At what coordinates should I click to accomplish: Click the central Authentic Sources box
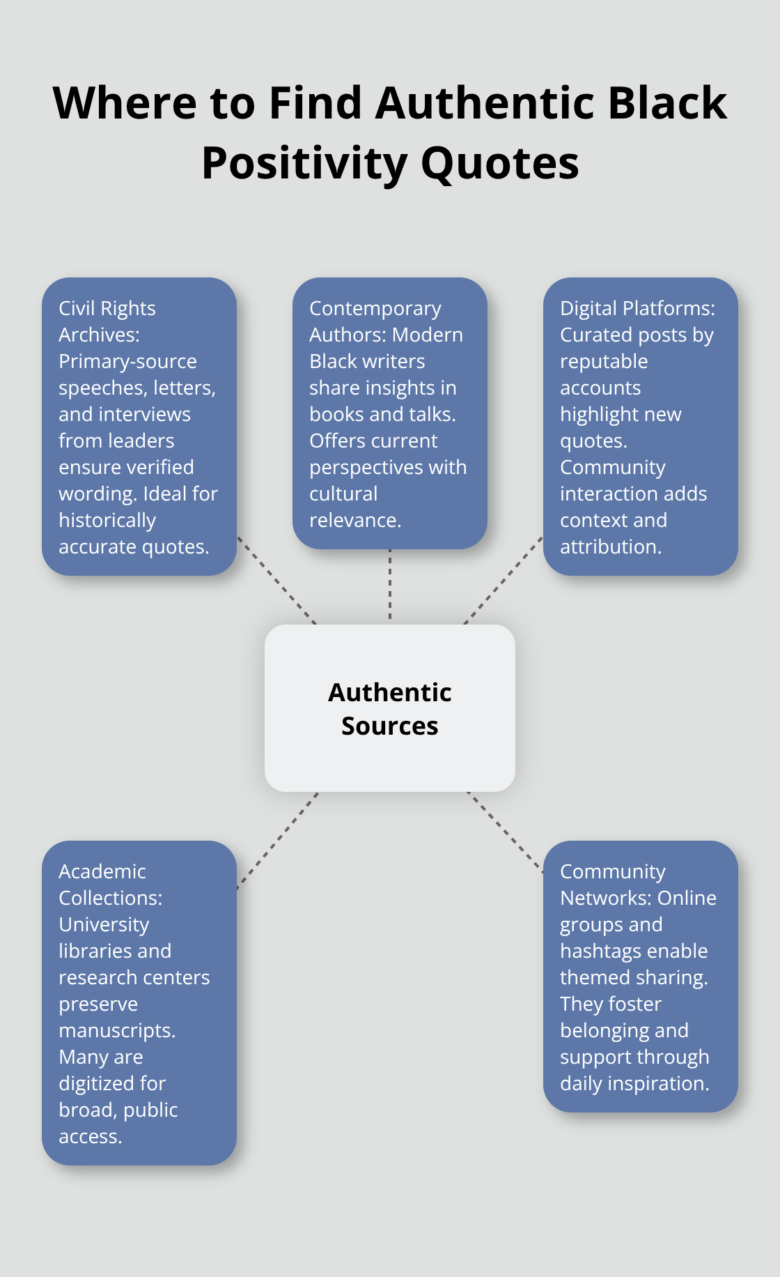point(390,708)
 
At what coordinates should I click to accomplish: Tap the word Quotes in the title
point(499,163)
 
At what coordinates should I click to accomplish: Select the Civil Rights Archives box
point(139,427)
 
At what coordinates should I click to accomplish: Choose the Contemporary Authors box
point(390,413)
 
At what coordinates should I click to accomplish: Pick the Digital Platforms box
point(641,427)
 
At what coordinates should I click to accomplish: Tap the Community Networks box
point(641,976)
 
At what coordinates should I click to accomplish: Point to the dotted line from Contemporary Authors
point(390,586)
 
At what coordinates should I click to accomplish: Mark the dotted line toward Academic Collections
point(277,841)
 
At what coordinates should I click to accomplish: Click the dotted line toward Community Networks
point(505,832)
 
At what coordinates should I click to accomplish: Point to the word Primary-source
point(127,361)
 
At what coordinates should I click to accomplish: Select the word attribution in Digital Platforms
point(609,546)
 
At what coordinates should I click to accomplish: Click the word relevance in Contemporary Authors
point(354,520)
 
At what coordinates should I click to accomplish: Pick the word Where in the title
point(125,103)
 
